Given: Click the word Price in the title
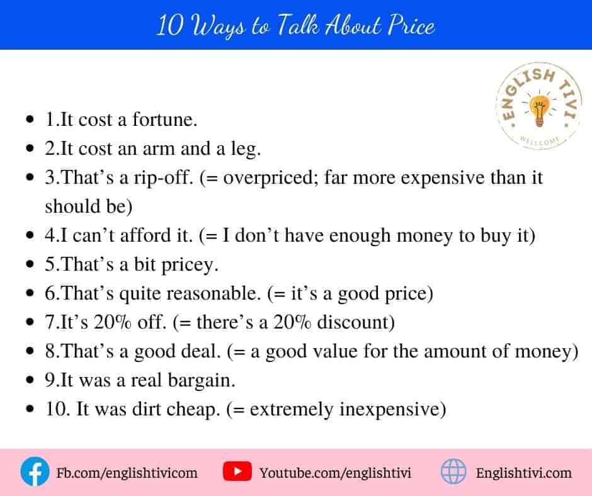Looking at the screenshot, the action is (x=412, y=26).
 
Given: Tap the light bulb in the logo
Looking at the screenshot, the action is (x=540, y=111).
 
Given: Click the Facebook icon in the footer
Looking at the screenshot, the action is (x=35, y=471).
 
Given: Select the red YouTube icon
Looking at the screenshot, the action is (x=237, y=471).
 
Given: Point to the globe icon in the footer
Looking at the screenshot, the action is (x=453, y=471).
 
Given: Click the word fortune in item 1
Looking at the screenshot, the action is (x=164, y=120).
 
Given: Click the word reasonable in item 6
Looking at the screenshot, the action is (x=213, y=293).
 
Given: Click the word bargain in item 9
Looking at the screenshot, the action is (x=202, y=380).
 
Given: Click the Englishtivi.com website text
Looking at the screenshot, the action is (x=523, y=473).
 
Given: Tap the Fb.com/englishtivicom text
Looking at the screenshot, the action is (x=127, y=473).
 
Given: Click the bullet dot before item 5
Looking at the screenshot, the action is (x=30, y=264).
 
